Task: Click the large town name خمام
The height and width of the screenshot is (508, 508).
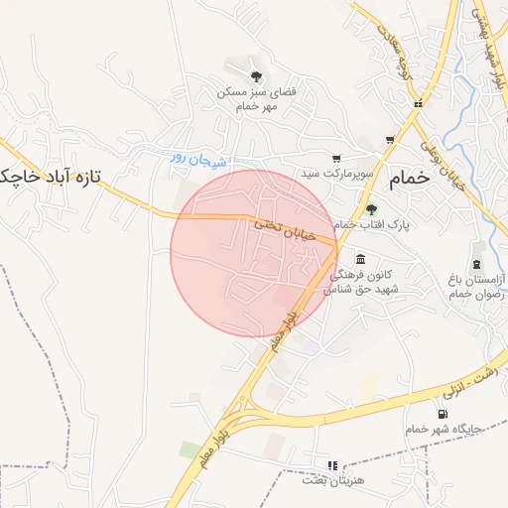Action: [411, 179]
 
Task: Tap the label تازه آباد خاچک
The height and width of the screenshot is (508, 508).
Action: [51, 177]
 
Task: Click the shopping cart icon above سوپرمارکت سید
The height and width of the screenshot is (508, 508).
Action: [336, 157]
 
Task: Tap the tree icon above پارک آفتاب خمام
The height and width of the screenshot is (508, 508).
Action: [372, 208]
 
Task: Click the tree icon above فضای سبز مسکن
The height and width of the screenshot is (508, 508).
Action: [256, 75]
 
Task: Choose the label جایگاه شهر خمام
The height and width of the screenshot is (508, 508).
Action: [443, 429]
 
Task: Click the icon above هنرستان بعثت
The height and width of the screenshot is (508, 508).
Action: [331, 463]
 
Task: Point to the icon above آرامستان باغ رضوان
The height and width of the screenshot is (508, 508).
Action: [478, 263]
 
